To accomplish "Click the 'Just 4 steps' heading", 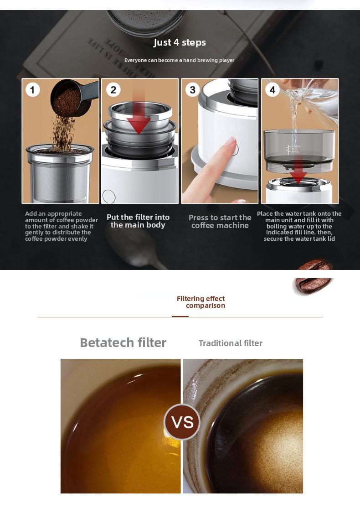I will tap(180, 42).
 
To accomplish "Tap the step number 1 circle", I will tap(32, 89).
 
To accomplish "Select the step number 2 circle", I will tap(113, 89).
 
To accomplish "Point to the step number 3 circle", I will tap(192, 89).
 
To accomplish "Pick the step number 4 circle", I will tap(272, 89).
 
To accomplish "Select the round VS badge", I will tap(182, 422).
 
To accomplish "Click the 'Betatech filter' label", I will tap(123, 342).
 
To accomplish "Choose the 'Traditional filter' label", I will tap(230, 343).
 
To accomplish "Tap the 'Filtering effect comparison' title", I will tap(201, 302).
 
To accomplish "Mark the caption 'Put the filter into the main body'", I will tap(138, 221).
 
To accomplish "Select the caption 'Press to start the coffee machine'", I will tap(220, 222).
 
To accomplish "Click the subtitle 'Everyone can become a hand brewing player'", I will tap(179, 60).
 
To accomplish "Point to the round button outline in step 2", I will tap(109, 196).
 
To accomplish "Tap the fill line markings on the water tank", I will tap(288, 149).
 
